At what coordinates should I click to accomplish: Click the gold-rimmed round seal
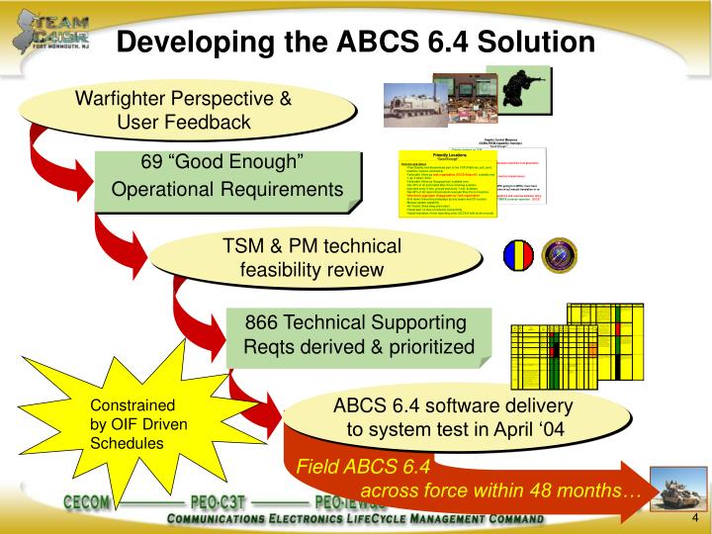click(560, 255)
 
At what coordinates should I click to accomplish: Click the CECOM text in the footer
click(96, 500)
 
